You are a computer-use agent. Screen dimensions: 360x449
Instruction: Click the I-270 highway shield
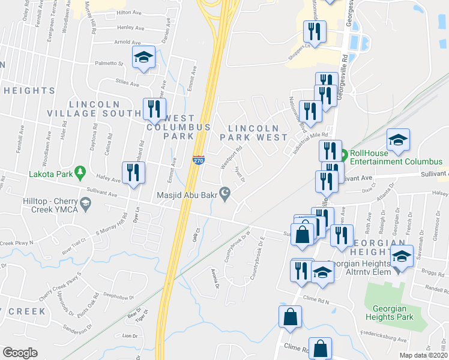198,160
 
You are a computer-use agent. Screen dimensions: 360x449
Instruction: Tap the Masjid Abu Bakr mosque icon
225,194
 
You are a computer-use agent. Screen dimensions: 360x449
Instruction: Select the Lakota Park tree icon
80,174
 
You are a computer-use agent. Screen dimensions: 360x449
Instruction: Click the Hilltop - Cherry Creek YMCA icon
87,205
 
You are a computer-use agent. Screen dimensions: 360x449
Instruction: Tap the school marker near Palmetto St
143,57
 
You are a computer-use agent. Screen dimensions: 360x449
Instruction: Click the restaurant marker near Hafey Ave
131,172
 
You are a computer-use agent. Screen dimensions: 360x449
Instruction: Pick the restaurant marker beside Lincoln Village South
154,109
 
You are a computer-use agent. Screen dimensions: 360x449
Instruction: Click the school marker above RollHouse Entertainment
398,140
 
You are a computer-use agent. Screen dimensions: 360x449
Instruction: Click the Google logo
20,352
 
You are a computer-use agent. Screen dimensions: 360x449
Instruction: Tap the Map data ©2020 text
423,355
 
